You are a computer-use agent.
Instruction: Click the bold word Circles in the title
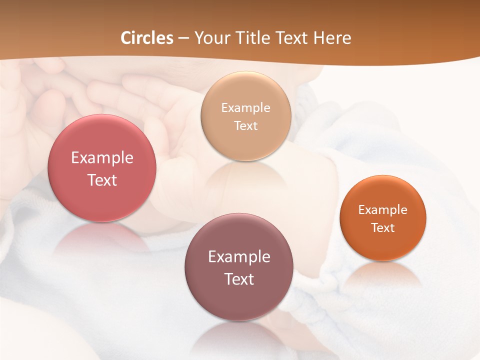[x=146, y=38]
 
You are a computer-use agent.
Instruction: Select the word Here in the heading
[x=332, y=38]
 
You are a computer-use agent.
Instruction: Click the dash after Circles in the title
[x=183, y=38]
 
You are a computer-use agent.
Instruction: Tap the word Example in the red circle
[x=102, y=158]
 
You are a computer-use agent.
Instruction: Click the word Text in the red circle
[x=102, y=180]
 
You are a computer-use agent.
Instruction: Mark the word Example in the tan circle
[x=245, y=107]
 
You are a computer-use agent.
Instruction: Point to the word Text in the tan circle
[x=245, y=125]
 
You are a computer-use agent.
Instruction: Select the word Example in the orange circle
[x=382, y=209]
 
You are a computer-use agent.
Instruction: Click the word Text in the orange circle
[x=382, y=227]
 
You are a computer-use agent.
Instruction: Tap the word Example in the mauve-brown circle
[x=239, y=257]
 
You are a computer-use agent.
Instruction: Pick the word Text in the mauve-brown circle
[x=239, y=279]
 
